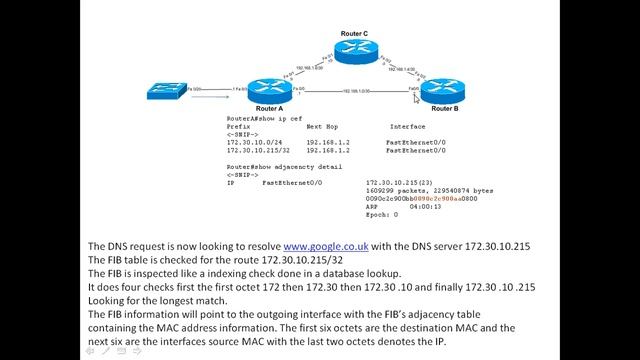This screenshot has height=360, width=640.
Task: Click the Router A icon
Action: pos(269,91)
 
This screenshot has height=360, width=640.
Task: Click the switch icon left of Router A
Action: pos(165,91)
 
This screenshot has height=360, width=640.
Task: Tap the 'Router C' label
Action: pos(355,33)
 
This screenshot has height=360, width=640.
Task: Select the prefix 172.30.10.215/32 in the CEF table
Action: pos(261,150)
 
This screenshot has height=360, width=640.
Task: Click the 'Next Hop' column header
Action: pos(322,127)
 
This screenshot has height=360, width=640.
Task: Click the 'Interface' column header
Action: pos(407,127)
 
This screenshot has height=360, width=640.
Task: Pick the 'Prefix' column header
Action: pos(238,127)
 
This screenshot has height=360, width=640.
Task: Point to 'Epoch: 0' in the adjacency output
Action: pos(382,214)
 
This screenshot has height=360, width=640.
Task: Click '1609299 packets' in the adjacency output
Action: pos(392,190)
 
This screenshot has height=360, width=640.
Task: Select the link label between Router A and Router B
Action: pos(356,91)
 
